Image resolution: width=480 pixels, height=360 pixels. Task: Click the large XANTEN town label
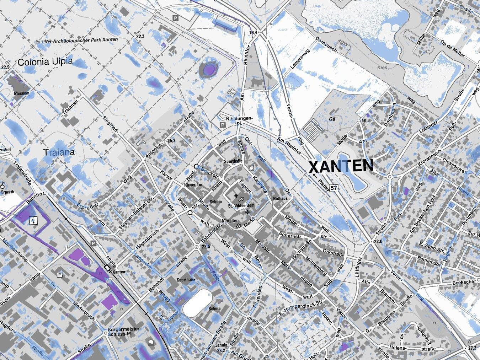341,166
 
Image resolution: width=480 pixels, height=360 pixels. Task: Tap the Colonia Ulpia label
45,62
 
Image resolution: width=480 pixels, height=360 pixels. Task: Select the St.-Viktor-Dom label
241,206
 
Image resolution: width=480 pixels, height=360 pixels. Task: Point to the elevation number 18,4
253,33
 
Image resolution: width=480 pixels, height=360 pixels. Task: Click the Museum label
21,93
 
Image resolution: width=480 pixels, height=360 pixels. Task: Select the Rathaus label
280,198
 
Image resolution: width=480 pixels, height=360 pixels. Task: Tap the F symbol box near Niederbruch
60,275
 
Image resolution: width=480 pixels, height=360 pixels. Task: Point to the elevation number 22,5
206,247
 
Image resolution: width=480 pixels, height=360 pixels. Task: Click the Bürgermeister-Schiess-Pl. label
124,331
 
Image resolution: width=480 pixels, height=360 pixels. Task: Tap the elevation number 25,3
171,141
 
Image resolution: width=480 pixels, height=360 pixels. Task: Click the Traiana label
59,152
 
